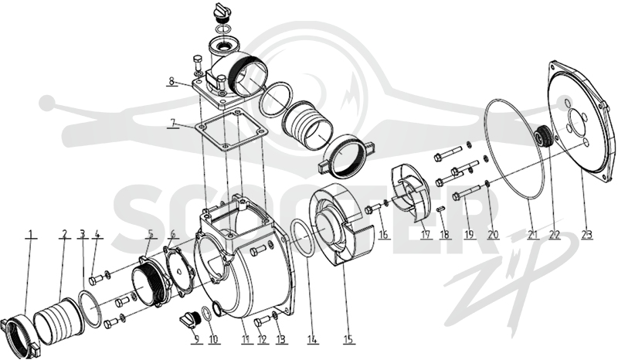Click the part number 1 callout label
[x=31, y=234]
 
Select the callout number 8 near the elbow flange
[x=171, y=81]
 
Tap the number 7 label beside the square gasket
[x=171, y=123]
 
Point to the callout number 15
[x=349, y=339]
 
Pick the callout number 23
[x=587, y=235]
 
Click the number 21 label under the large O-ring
[x=533, y=235]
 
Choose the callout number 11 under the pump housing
[x=246, y=339]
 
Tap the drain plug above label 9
[x=191, y=319]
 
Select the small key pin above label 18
[x=441, y=209]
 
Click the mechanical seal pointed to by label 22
[x=542, y=136]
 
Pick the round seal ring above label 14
[x=302, y=239]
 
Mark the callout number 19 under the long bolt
[x=469, y=235]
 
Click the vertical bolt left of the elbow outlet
[x=198, y=64]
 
